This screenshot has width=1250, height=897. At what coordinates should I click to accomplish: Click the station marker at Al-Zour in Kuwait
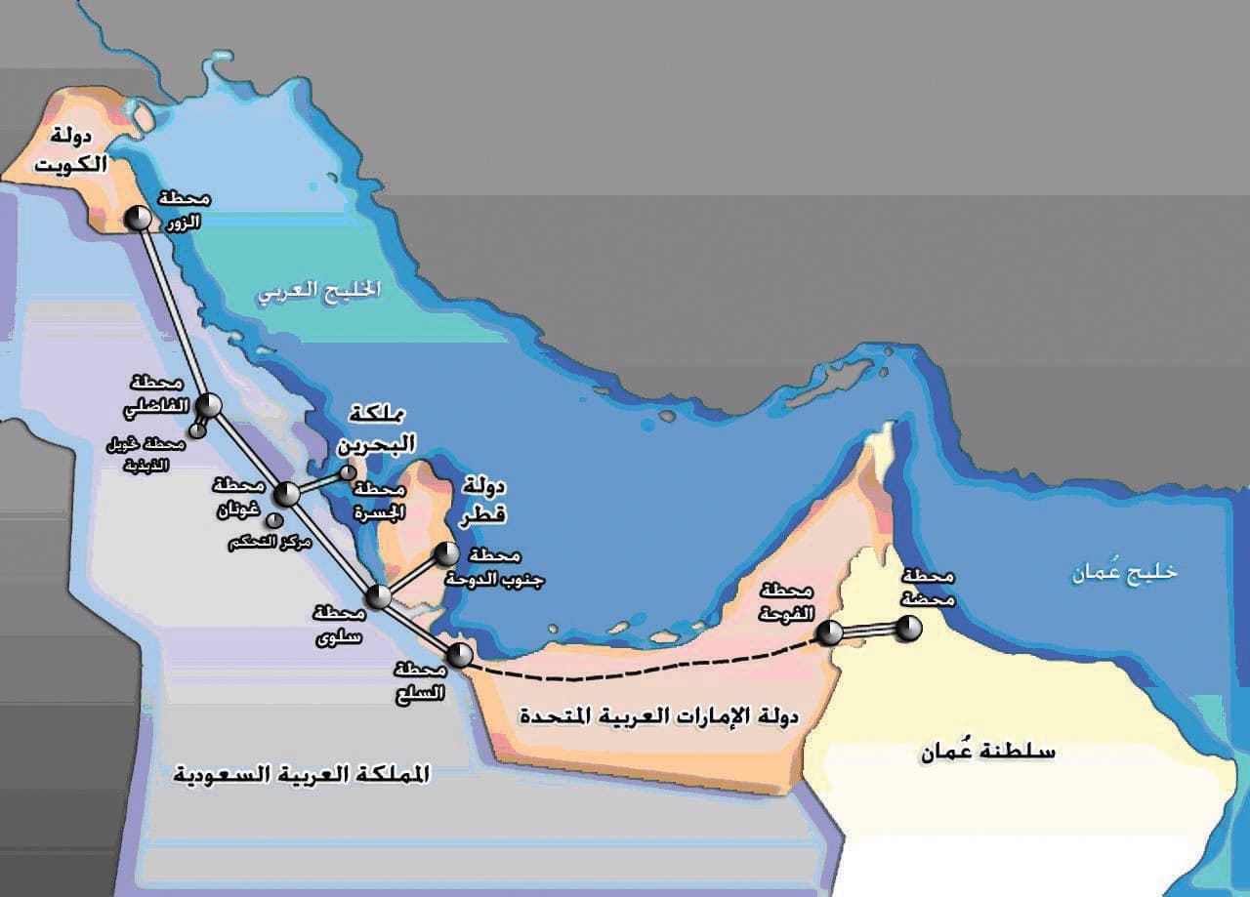(138, 218)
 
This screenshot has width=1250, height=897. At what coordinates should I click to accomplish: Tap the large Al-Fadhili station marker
(208, 405)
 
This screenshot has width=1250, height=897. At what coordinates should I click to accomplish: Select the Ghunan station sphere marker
(287, 494)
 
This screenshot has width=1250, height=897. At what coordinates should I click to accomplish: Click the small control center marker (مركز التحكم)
(274, 520)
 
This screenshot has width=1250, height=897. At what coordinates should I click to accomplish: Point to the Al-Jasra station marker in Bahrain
(348, 472)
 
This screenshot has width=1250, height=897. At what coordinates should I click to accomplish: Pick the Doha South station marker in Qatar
(445, 554)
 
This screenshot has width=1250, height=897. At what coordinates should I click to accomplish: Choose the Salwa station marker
(378, 596)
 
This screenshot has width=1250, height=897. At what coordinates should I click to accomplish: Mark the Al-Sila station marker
(459, 655)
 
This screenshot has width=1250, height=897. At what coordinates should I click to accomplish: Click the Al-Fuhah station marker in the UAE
(829, 633)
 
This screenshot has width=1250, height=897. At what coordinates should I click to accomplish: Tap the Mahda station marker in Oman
(908, 630)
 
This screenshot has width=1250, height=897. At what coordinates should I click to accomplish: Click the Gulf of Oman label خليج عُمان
(1124, 572)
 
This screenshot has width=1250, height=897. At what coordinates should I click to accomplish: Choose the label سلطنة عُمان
(988, 752)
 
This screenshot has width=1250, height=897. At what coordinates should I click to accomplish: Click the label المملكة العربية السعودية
(301, 774)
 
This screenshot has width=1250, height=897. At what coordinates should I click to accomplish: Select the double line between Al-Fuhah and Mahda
(869, 632)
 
